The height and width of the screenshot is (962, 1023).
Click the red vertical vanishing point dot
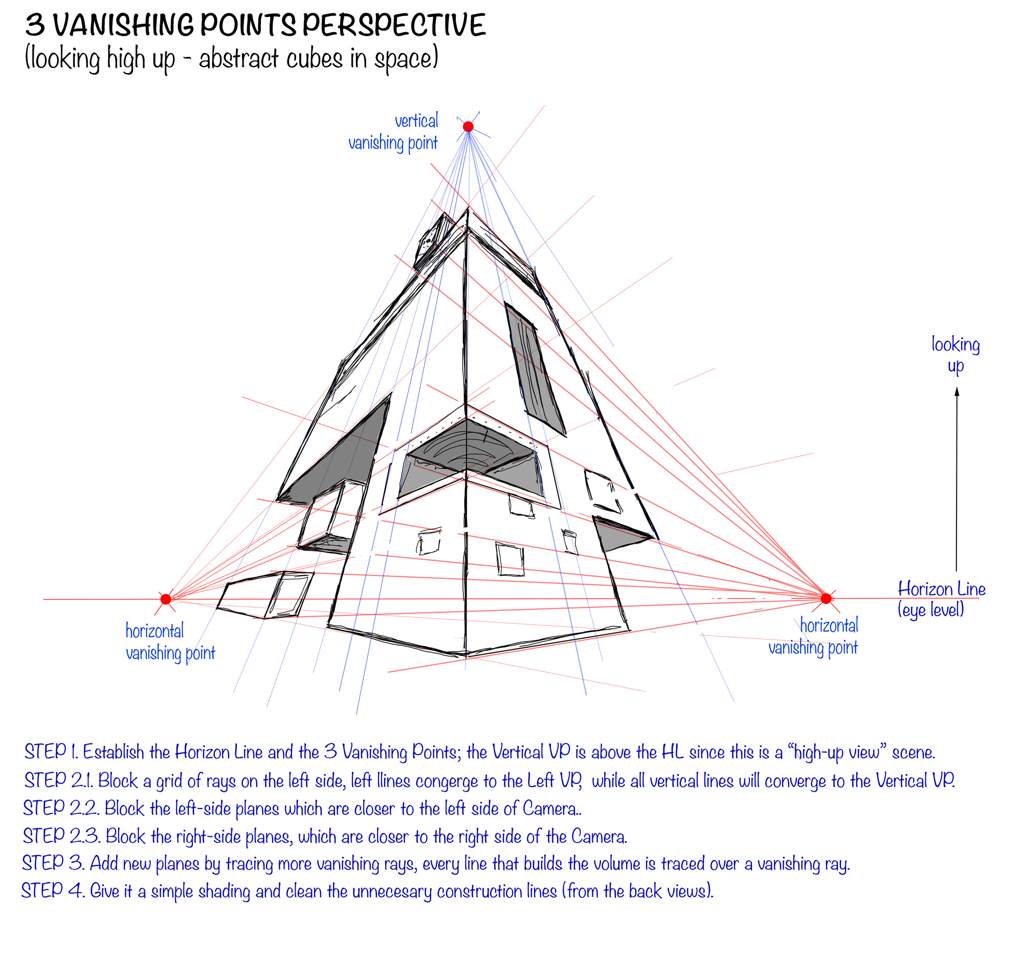point(468,126)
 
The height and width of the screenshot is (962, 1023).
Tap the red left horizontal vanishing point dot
point(166,599)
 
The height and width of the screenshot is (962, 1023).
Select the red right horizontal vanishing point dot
point(826,598)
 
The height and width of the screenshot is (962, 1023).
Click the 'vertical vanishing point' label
point(394,133)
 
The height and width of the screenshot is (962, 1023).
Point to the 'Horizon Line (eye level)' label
point(941,599)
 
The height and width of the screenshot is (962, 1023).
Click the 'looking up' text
point(955,355)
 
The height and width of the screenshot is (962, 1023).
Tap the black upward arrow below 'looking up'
point(957,478)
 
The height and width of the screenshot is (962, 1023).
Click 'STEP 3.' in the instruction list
point(53,863)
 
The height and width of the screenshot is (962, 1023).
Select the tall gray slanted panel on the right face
point(536,368)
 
